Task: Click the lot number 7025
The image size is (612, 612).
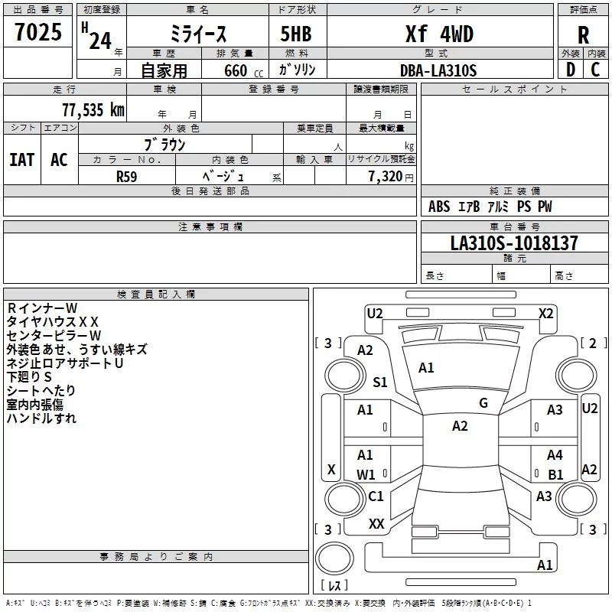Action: [38, 33]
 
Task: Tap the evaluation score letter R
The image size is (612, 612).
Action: [583, 35]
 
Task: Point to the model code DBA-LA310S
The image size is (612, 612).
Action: [438, 70]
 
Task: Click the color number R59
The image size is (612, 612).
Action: [127, 176]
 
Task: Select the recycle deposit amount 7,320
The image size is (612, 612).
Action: [385, 177]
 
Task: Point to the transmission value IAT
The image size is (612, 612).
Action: [21, 160]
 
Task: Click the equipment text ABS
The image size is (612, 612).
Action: [439, 207]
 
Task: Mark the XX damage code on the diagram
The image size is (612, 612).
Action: [376, 524]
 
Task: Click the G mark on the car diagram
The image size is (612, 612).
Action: [483, 403]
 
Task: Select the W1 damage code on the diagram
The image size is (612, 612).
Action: [366, 474]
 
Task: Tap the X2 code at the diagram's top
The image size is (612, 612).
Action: [545, 313]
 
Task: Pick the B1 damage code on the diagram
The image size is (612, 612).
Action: [555, 474]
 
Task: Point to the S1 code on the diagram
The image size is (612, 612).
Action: [380, 382]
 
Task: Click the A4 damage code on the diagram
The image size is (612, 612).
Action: [555, 455]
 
